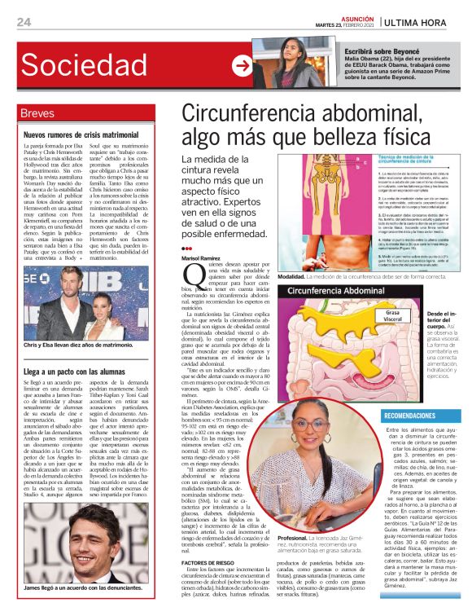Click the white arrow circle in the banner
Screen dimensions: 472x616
point(241,66)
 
